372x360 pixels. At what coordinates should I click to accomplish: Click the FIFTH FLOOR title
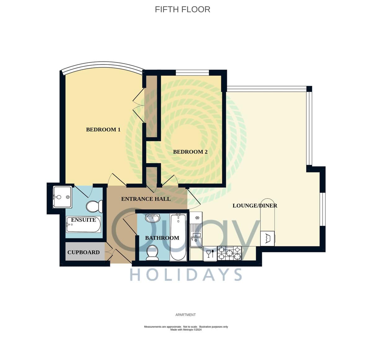coord(182,9)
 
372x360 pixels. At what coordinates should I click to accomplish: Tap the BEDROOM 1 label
coord(103,130)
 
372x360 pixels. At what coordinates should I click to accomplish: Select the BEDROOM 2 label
coord(190,152)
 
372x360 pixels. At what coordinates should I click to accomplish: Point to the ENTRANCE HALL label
coord(146,199)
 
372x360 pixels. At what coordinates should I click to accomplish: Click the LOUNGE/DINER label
coord(255,205)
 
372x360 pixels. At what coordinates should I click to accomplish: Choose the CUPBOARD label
coord(83,252)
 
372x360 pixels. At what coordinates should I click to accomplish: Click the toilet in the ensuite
coord(94,206)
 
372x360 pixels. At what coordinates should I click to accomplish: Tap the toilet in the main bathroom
coord(152,253)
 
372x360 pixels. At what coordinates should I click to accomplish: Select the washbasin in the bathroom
coord(153,218)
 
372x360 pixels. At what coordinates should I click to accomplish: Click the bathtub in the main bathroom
coord(178,237)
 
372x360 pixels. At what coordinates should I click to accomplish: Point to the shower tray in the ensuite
coord(62,197)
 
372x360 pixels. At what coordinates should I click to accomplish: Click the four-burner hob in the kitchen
coord(229,253)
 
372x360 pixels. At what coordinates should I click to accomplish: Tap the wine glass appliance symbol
coord(210,254)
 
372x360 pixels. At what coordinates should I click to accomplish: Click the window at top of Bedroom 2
coord(192,73)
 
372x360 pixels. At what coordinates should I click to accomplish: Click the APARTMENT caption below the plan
coord(185,315)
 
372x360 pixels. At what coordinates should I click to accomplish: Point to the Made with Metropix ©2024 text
coord(186,330)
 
